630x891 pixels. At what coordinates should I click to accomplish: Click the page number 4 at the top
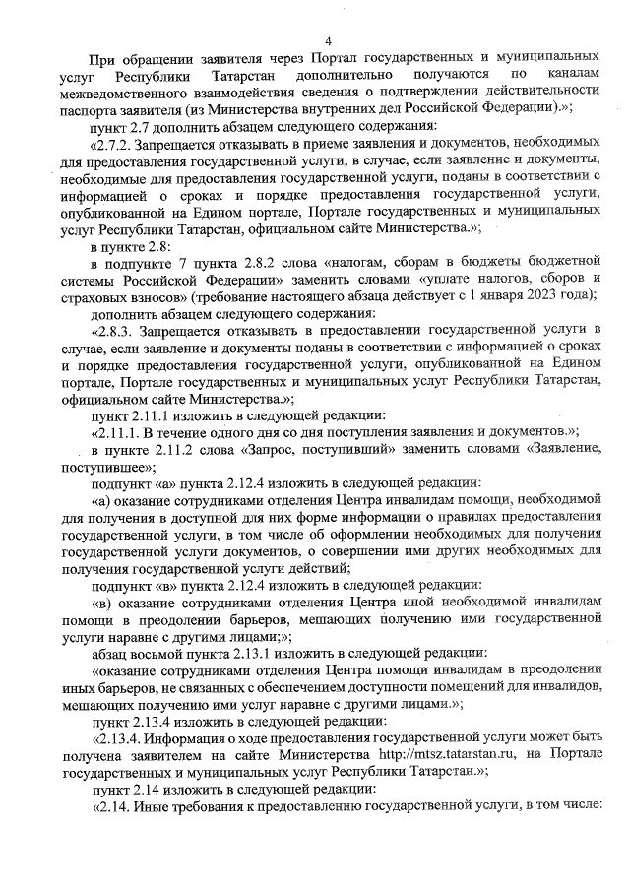[x=328, y=40]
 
